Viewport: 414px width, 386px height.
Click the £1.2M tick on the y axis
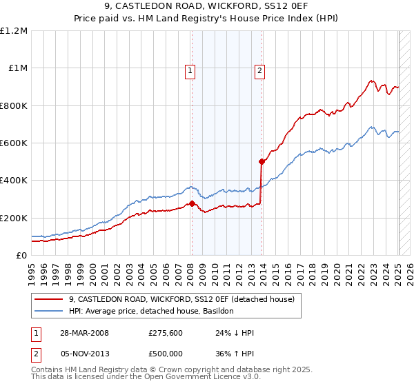coord(14,31)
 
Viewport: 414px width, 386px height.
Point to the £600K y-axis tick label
coord(14,143)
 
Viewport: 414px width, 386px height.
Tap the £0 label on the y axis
coord(21,256)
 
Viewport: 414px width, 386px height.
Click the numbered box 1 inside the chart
coord(190,70)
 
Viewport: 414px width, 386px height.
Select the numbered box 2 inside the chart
coord(259,70)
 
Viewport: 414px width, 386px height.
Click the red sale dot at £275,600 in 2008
coord(192,203)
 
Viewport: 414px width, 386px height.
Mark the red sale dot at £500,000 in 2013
coord(262,162)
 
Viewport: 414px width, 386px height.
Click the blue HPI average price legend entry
coord(151,312)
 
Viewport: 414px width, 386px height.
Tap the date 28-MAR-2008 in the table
coord(83,333)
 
